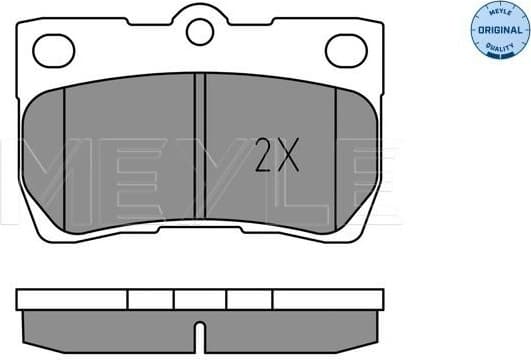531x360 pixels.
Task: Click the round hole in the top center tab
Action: (x=199, y=33)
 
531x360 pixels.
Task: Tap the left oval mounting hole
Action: (x=52, y=47)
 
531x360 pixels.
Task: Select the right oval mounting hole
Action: (x=346, y=47)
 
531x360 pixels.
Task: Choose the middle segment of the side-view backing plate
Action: (x=200, y=298)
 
